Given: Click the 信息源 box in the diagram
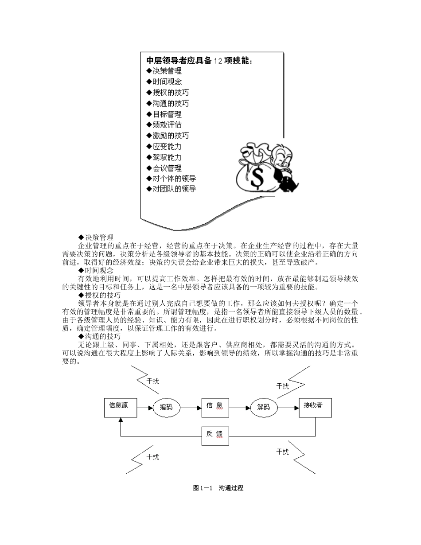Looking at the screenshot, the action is tap(120, 407).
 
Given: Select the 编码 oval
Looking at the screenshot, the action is tap(166, 407).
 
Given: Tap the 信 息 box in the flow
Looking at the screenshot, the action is tap(215, 407).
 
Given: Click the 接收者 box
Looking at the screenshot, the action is tap(315, 407).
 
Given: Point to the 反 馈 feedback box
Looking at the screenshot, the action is tap(215, 436).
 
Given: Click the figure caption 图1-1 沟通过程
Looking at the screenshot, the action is tap(218, 488).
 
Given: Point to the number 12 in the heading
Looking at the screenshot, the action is tap(218, 60).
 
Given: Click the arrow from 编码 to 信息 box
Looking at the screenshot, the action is tap(191, 407).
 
